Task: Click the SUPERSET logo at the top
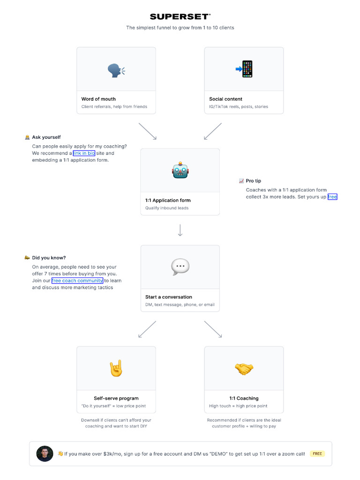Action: (x=180, y=16)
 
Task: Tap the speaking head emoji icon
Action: (x=116, y=70)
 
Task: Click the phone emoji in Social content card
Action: (x=244, y=69)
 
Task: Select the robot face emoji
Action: (x=180, y=170)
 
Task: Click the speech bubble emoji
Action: (x=180, y=267)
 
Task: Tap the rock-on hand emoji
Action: (x=116, y=368)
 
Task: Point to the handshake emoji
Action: (x=244, y=368)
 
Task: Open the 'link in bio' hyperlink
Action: (x=84, y=153)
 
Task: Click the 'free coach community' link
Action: (x=77, y=280)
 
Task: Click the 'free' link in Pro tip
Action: (x=332, y=196)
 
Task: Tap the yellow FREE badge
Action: (x=317, y=454)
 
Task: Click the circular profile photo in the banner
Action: (x=45, y=454)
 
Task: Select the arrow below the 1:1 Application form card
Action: (x=180, y=230)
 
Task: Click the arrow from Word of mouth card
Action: (x=148, y=131)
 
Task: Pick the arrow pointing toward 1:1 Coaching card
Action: (x=213, y=330)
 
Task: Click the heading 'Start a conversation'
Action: (x=169, y=297)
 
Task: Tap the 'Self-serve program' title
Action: (x=116, y=398)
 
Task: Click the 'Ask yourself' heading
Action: (x=46, y=137)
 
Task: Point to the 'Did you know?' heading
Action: (x=49, y=258)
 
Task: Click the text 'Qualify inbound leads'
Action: (x=167, y=208)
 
